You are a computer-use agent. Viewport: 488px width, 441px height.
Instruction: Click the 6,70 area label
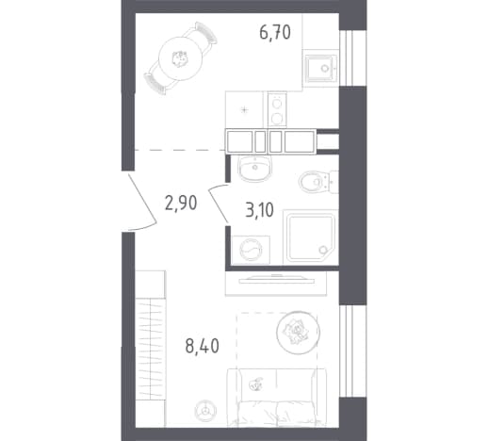point(275,33)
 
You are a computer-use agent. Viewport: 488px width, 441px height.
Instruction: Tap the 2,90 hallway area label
point(181,203)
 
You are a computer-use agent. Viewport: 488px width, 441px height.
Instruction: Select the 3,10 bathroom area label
point(259,210)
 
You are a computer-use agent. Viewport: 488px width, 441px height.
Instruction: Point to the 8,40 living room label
point(203,346)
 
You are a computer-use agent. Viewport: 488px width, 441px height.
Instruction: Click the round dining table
point(180,58)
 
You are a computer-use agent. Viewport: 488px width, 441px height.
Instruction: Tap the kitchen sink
point(321,68)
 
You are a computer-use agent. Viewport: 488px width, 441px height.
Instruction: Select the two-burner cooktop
point(277,109)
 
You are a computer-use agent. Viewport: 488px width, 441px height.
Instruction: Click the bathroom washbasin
point(255,168)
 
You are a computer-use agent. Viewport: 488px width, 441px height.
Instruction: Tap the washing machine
point(251,250)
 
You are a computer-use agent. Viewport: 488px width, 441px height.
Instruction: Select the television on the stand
point(276,279)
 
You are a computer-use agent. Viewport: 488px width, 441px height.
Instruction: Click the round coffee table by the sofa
point(298,333)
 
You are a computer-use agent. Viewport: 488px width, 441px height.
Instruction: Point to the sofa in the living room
point(276,398)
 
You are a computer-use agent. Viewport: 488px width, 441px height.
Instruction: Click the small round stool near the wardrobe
point(205,410)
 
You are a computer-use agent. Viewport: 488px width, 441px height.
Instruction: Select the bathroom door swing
point(218,202)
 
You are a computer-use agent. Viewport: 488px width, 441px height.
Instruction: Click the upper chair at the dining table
point(201,35)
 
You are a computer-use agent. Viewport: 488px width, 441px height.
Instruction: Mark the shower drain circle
point(322,250)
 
